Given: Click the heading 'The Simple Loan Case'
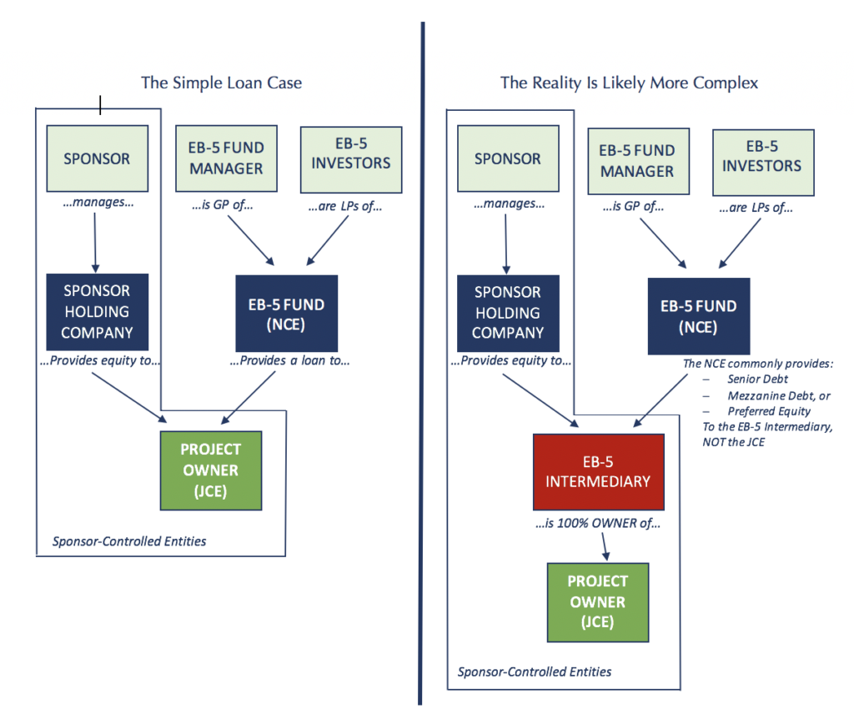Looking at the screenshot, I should click(221, 83).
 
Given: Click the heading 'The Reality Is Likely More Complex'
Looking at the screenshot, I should click(629, 83).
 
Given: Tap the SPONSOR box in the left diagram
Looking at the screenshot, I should click(98, 158).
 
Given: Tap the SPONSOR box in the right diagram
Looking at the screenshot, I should click(508, 158).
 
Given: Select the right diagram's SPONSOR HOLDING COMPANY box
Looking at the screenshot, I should click(508, 312).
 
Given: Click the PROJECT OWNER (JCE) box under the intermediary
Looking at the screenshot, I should click(597, 601).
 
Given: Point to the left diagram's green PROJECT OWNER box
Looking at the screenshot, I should click(211, 470).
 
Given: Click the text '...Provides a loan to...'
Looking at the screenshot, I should click(289, 361).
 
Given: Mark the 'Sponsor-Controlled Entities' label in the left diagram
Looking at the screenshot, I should click(129, 541).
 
